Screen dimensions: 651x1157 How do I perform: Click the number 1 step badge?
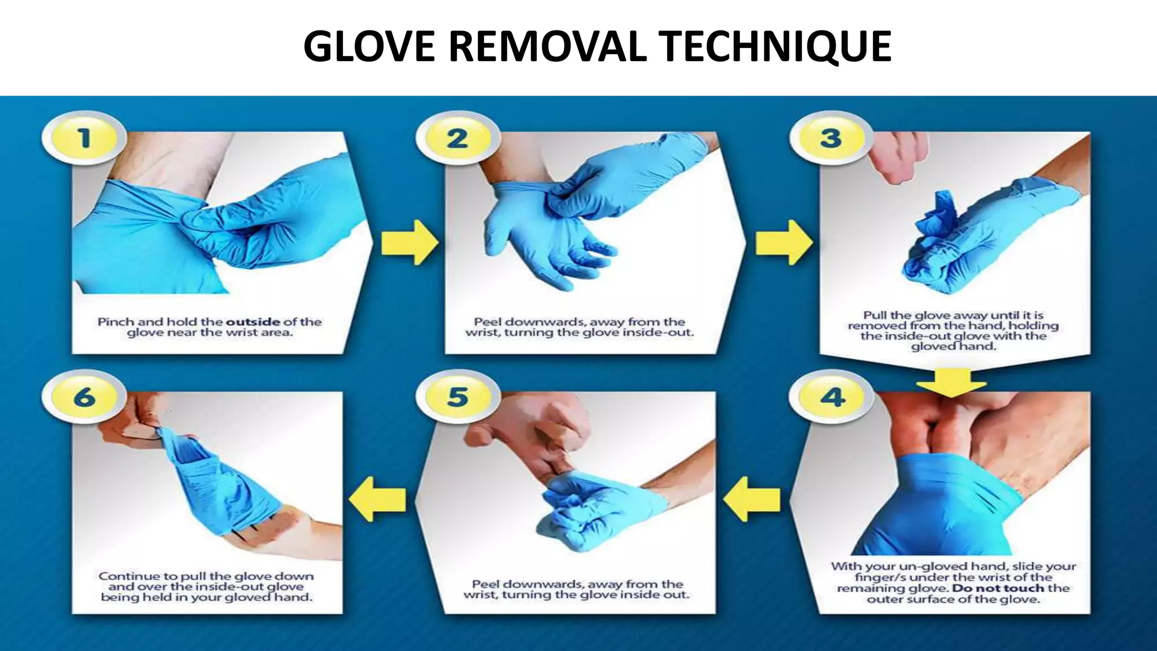coord(84,138)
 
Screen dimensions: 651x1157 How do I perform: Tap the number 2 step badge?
coord(457,138)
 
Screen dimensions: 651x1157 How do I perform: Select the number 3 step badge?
coord(830,138)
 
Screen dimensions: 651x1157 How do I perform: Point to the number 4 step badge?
coord(832,397)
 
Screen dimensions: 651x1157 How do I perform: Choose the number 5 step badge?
coord(458,397)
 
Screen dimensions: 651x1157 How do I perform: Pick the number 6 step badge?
coord(84,397)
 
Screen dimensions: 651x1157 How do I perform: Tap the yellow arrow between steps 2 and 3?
coord(783,242)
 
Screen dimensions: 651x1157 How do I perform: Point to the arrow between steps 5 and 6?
coord(377,498)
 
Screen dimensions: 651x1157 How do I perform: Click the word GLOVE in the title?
coord(369,46)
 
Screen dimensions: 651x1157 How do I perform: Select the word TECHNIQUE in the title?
coord(777,46)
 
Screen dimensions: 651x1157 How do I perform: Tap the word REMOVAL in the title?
coord(547,46)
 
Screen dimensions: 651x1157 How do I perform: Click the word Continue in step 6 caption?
coord(129,576)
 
